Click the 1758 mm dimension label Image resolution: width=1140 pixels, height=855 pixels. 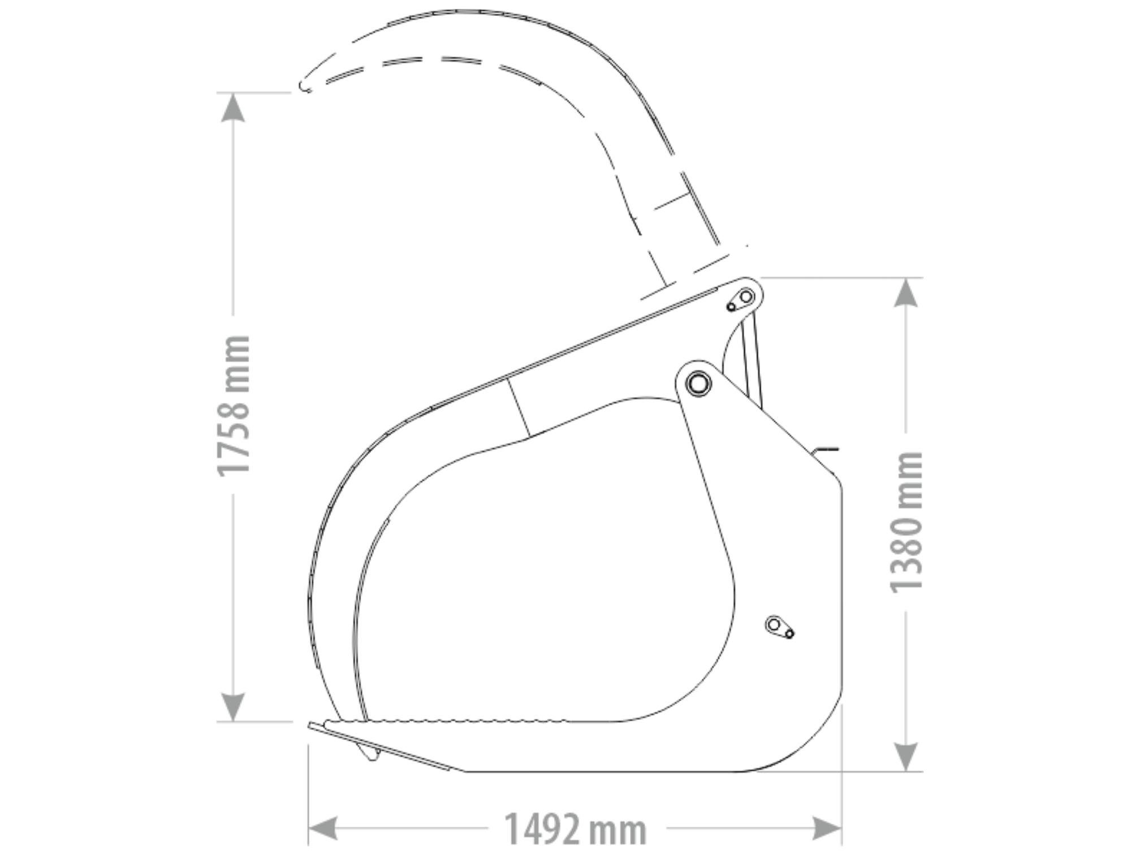(234, 406)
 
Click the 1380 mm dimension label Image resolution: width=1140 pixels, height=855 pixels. (906, 522)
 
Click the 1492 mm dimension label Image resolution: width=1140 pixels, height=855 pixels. (575, 830)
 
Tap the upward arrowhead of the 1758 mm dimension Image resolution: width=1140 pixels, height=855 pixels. (233, 107)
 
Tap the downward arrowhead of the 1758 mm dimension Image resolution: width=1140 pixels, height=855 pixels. (233, 707)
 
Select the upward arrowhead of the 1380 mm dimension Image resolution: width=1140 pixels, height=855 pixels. (906, 293)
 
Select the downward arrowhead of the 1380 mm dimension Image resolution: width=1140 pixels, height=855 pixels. (906, 757)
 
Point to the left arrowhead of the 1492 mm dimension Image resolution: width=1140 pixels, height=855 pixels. (323, 829)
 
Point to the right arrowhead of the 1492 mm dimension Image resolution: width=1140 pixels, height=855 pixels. (827, 829)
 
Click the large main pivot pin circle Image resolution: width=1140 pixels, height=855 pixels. (698, 383)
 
